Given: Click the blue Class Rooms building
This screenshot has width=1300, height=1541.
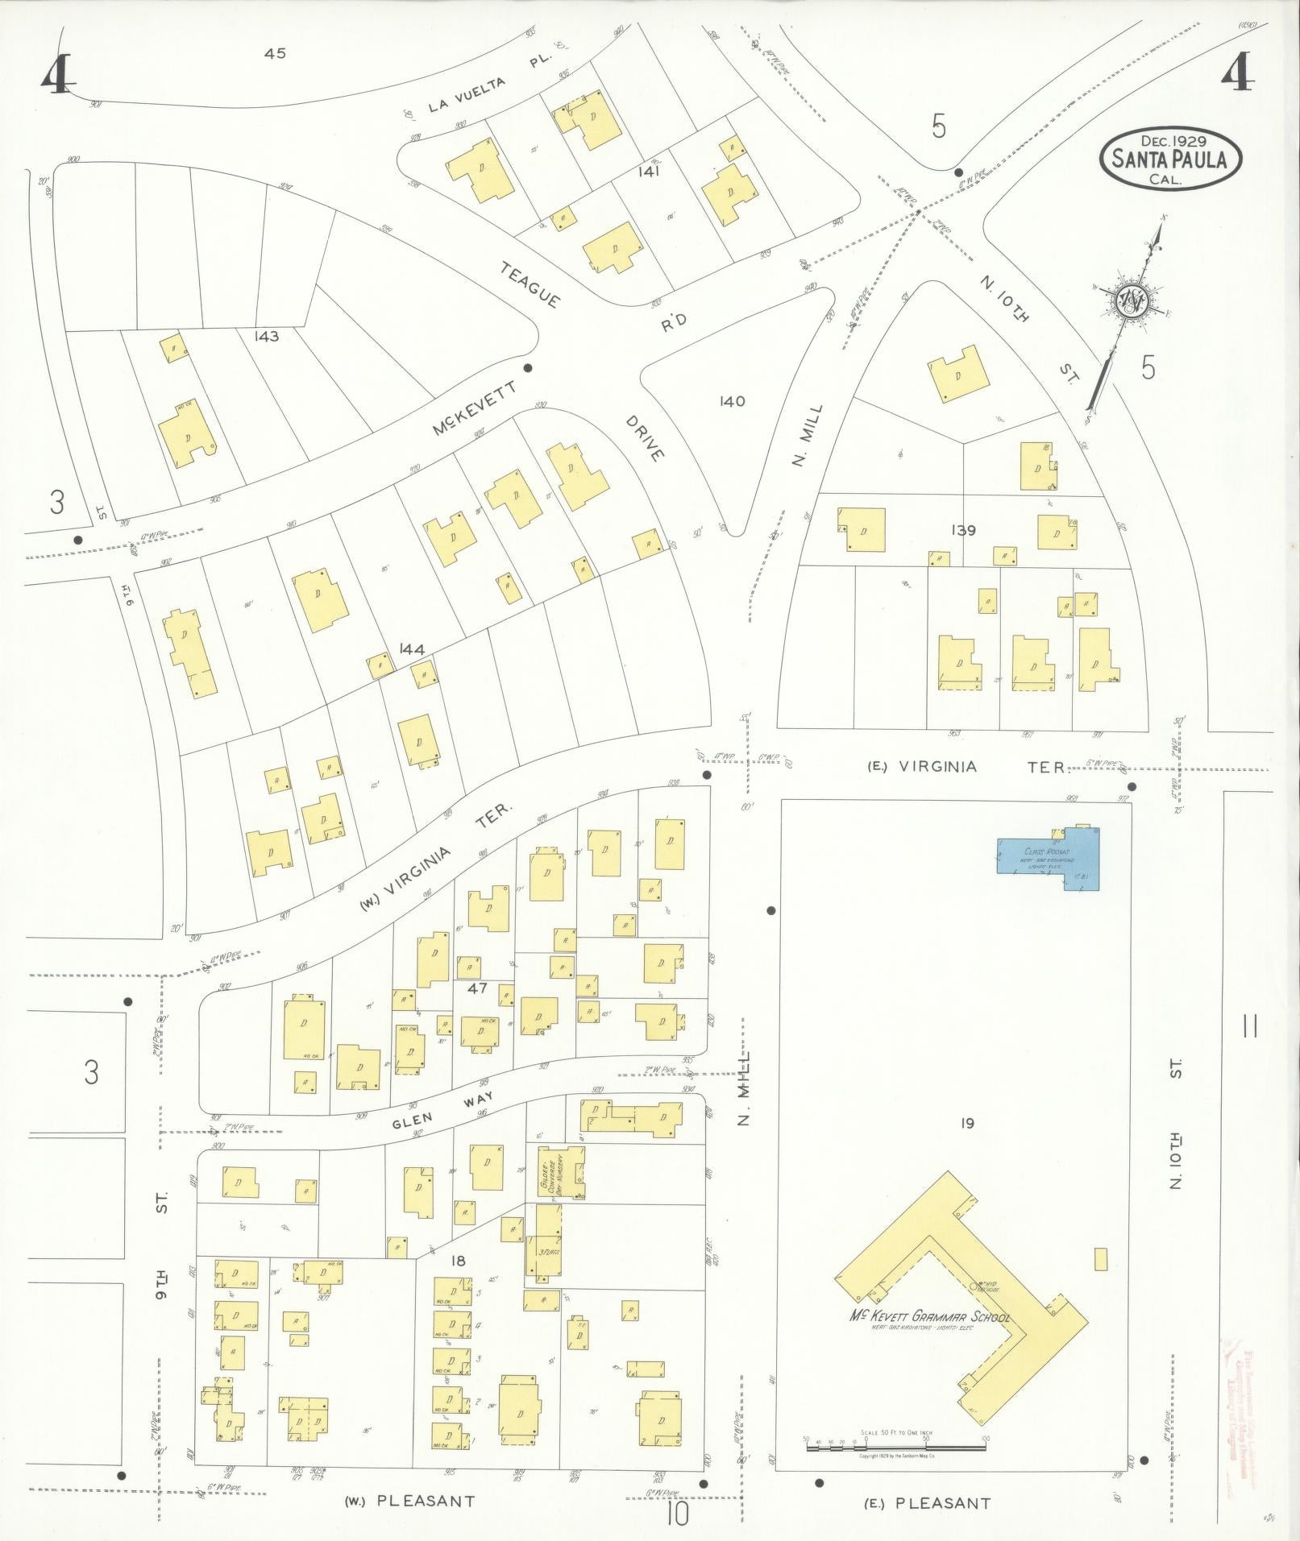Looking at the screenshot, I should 1048,857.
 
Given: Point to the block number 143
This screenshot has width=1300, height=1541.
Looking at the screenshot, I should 265,336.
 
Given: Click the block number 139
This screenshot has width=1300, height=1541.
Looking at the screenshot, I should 962,530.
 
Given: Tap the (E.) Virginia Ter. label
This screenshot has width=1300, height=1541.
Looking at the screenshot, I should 967,766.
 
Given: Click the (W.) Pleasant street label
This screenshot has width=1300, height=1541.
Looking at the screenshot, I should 409,1501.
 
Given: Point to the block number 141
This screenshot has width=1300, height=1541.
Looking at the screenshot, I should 648,171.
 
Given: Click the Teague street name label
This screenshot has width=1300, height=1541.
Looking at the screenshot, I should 530,284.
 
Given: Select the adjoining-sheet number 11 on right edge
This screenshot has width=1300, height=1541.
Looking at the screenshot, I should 1251,1026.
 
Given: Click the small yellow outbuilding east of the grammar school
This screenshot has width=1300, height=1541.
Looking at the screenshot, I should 1101,1282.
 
